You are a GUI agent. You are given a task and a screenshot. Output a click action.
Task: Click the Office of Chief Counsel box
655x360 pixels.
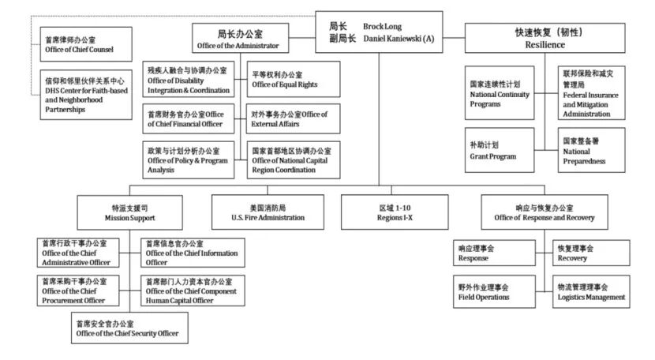[85, 44]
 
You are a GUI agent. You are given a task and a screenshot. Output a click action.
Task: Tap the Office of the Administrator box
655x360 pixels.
[240, 39]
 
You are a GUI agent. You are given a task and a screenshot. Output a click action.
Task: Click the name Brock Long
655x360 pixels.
[382, 26]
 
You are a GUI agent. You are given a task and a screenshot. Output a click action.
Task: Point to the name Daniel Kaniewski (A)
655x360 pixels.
[399, 38]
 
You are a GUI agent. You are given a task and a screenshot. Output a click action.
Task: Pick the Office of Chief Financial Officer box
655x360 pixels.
[188, 119]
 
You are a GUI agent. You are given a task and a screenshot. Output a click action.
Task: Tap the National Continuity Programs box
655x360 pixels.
[503, 92]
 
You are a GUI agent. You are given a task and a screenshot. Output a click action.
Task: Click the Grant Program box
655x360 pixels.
[503, 150]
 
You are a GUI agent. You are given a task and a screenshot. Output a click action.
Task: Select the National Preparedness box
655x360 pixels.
[591, 150]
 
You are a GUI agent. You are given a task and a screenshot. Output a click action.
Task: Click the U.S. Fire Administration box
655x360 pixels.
[258, 212]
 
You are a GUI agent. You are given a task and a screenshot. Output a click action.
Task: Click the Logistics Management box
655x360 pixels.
[590, 291]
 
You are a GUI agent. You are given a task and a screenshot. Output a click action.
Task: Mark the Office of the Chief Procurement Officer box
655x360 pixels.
[82, 290]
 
